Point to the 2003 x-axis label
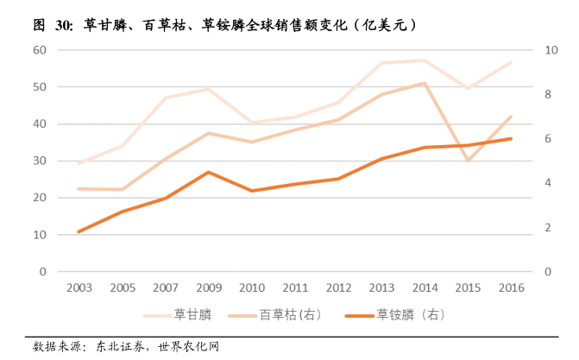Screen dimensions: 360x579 (x=79, y=287)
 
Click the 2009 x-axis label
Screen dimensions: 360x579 (x=208, y=287)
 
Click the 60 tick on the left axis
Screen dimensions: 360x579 (x=40, y=50)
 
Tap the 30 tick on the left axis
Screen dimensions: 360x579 (x=40, y=161)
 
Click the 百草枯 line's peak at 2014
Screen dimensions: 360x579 (x=424, y=83)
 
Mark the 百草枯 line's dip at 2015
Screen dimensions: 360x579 (x=467, y=161)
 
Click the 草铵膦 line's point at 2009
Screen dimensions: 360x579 (x=208, y=173)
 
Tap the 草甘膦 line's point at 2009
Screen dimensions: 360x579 (x=208, y=89)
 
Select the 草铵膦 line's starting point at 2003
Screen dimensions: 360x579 (x=79, y=231)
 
